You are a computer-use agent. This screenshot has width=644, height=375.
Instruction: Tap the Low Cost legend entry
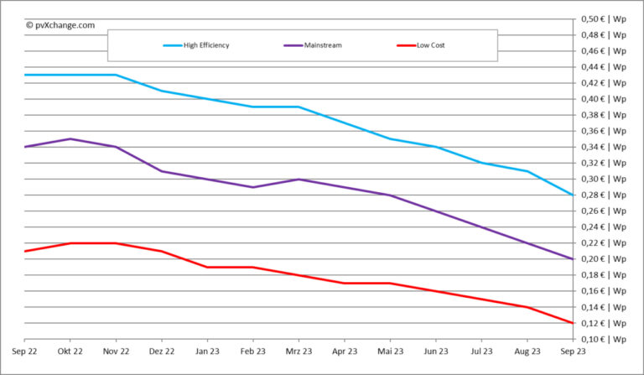point(430,45)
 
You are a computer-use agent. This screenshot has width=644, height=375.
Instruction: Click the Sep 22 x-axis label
point(24,352)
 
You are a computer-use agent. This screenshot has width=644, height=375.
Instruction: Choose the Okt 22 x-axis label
point(70,352)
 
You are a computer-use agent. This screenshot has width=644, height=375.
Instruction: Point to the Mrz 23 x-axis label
point(299,352)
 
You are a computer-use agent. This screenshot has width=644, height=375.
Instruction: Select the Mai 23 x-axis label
point(390,352)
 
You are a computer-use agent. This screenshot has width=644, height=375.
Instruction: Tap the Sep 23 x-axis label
point(573,352)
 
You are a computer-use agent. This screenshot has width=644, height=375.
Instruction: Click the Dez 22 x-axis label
point(161,352)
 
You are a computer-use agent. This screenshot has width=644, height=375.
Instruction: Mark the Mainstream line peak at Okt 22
point(70,138)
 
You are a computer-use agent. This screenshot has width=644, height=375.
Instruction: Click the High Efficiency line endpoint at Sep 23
point(573,195)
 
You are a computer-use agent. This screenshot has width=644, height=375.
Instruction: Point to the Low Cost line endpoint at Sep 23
point(573,323)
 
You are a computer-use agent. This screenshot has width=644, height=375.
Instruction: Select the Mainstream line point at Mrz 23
point(299,179)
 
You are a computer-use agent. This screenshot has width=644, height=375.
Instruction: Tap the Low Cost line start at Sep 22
point(25,251)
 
